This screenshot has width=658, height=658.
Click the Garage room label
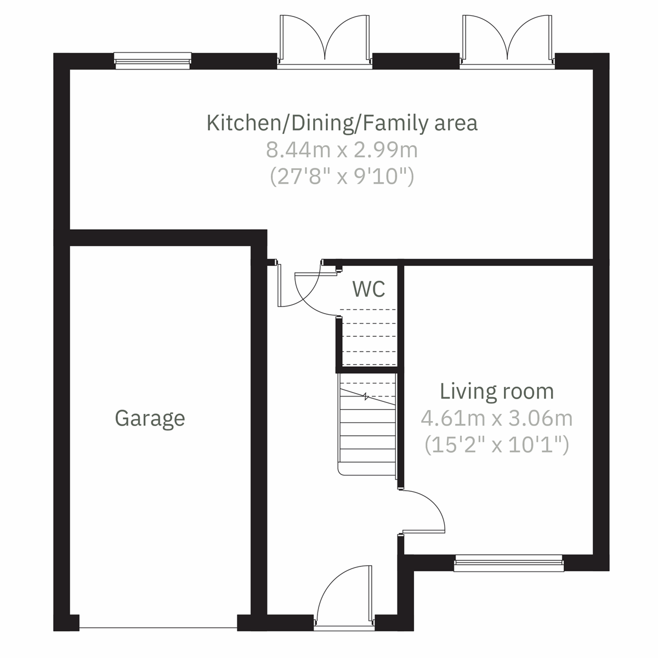tap(150, 418)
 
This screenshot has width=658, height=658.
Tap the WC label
tap(368, 288)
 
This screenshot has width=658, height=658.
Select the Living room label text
tap(497, 392)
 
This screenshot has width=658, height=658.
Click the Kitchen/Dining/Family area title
tap(342, 123)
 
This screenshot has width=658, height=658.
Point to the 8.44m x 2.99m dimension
tap(342, 150)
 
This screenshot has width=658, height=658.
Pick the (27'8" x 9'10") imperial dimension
tap(342, 177)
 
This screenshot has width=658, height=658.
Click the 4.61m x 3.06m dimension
tap(497, 418)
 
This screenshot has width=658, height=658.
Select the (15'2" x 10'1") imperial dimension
tap(497, 445)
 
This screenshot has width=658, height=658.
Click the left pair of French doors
tap(325, 41)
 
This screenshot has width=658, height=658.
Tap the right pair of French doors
tap(508, 41)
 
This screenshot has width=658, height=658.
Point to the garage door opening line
tap(158, 628)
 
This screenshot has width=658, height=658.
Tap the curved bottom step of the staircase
tap(366, 469)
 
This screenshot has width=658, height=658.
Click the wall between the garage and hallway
tap(259, 428)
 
